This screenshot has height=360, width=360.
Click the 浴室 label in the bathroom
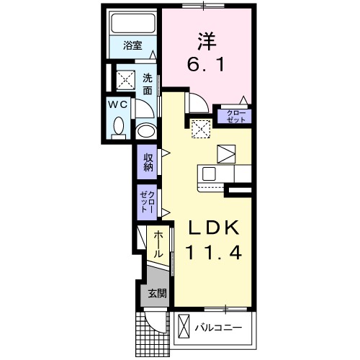[132, 45]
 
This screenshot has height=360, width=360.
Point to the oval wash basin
[146, 132]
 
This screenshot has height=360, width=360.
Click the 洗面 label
[147, 84]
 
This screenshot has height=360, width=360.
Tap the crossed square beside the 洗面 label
[125, 79]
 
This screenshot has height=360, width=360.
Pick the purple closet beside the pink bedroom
[235, 116]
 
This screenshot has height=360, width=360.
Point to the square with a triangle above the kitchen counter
[225, 152]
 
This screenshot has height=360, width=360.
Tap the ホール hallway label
[158, 245]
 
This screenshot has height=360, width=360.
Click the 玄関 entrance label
[158, 293]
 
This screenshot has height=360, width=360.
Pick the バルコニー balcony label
[219, 328]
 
